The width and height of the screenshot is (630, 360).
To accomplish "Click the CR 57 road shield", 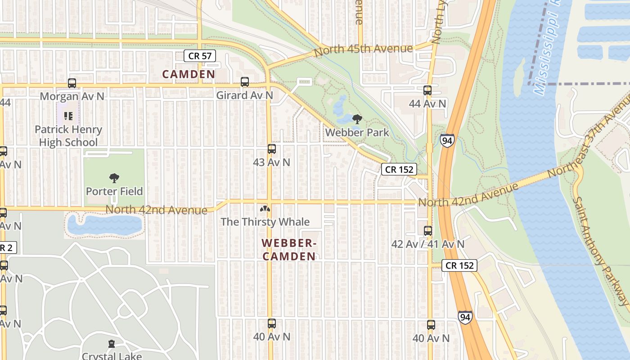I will click(200, 56).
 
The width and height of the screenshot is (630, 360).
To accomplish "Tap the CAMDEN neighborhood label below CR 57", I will click(189, 74).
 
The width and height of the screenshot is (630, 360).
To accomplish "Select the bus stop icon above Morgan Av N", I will click(72, 83).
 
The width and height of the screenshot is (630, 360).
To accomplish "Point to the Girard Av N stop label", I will click(244, 95).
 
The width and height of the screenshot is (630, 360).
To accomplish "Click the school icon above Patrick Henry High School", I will click(68, 116).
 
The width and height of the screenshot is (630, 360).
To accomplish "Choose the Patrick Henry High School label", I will click(68, 136).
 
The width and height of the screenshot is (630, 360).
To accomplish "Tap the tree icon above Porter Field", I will click(114, 178).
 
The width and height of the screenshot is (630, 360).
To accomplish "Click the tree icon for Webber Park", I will click(357, 119).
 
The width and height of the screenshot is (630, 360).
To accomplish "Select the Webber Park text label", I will click(357, 133).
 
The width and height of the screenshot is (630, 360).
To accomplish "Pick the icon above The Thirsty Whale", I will click(265, 209).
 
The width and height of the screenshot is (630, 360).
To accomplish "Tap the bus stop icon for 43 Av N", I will click(271, 149).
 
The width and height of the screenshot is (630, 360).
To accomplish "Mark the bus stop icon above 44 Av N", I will click(427, 90).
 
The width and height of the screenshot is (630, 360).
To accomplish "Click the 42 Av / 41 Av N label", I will click(427, 244).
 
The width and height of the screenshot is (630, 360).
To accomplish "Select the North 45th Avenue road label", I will click(363, 49).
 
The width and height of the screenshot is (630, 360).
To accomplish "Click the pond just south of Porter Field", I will click(104, 224).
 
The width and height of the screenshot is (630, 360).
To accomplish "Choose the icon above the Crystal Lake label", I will click(112, 344).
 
